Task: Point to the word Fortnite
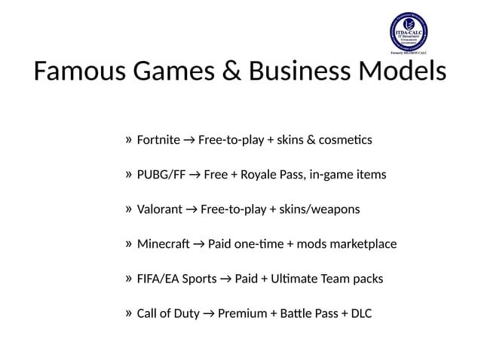pyautogui.click(x=158, y=140)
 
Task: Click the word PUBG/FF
pyautogui.click(x=161, y=175)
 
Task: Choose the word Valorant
pyautogui.click(x=160, y=209)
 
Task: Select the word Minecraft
pyautogui.click(x=164, y=244)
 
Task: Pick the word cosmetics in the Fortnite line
pyautogui.click(x=345, y=140)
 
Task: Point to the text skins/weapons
pyautogui.click(x=320, y=209)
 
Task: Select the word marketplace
pyautogui.click(x=365, y=244)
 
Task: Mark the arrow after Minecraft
pyautogui.click(x=198, y=244)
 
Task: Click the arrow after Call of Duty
pyautogui.click(x=207, y=313)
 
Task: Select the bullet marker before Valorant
pyautogui.click(x=129, y=209)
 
